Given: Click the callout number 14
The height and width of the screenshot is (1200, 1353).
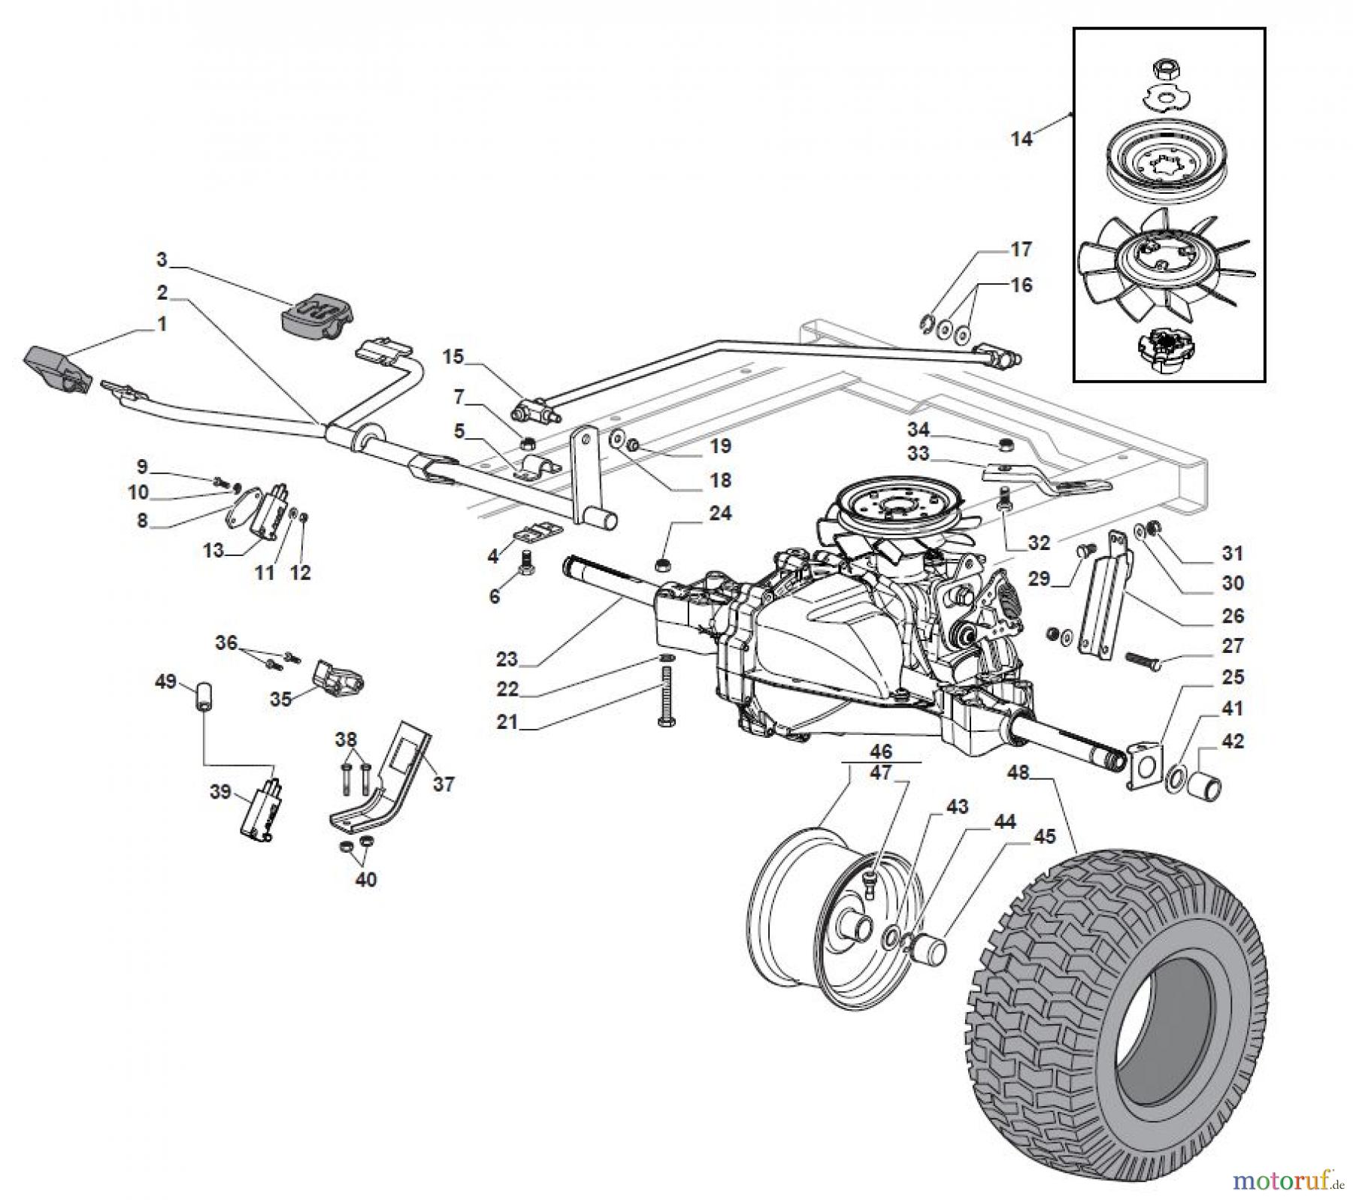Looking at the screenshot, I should click(1021, 139).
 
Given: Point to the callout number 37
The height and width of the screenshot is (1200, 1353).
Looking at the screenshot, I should click(443, 784).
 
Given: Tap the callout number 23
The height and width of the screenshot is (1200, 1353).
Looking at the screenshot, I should click(507, 659).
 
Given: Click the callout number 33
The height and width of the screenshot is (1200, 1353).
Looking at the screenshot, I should click(918, 453).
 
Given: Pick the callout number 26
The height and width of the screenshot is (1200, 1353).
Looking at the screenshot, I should click(1233, 615).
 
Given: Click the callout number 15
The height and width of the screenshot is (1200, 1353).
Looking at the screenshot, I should click(453, 357).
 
